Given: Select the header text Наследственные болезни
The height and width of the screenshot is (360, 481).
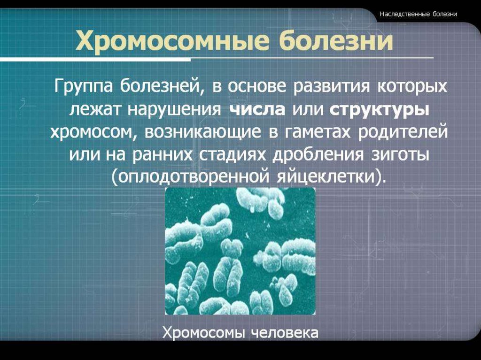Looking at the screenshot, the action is pos(419,14).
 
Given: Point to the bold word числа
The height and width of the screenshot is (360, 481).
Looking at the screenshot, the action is pos(257,110).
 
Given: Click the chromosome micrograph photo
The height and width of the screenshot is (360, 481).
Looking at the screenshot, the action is pos(240,251).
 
